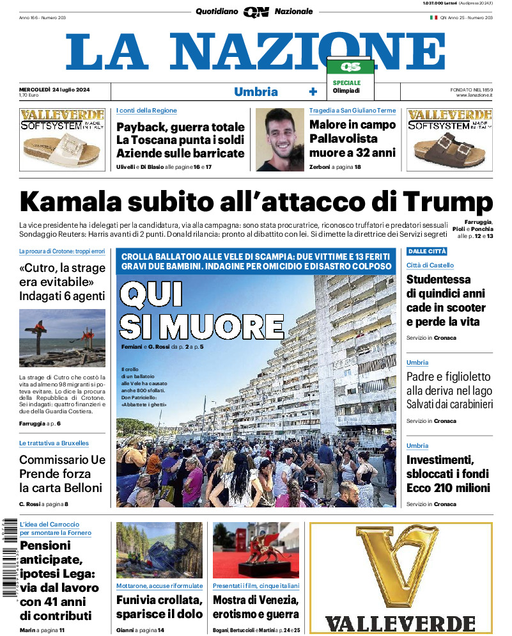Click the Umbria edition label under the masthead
click(x=256, y=91)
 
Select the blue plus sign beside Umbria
click(x=313, y=91)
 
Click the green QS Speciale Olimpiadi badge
click(x=350, y=76)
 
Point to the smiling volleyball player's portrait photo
click(x=279, y=139)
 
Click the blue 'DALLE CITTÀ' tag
click(x=426, y=251)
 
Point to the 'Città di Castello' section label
click(x=430, y=266)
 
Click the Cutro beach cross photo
click(x=62, y=338)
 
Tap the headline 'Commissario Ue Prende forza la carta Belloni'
click(x=62, y=473)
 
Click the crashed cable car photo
click(x=159, y=550)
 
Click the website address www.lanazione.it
click(x=474, y=95)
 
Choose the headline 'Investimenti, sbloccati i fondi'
click(x=448, y=473)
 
